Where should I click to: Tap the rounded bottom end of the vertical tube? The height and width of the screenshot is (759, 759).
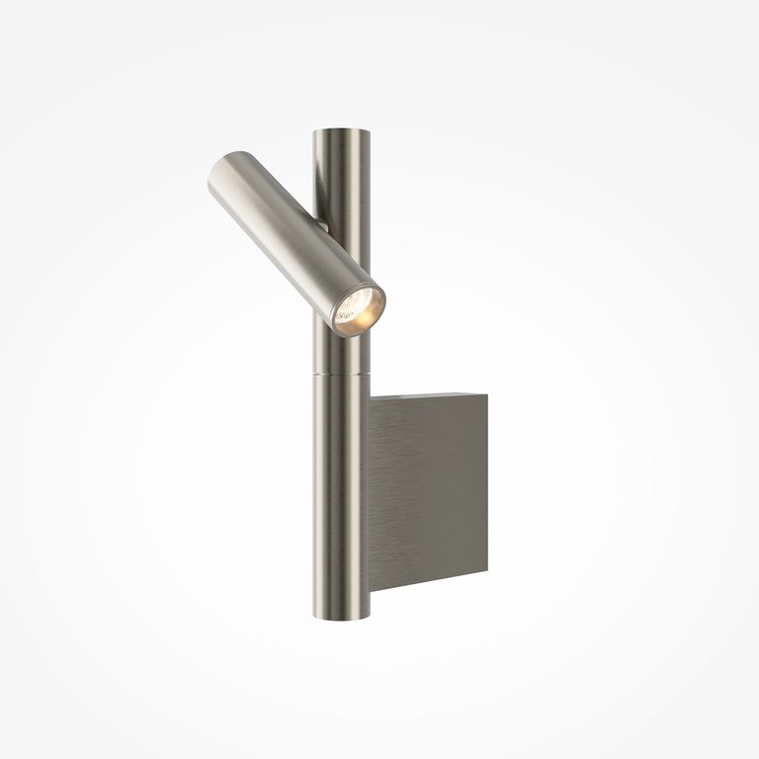tap(342, 614)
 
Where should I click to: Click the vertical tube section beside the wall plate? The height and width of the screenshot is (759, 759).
tap(342, 494)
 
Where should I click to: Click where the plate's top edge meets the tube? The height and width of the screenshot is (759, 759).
tap(370, 398)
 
